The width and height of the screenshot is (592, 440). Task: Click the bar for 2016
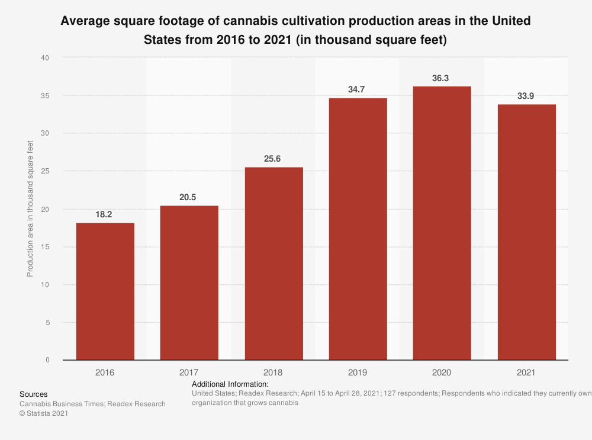point(105,291)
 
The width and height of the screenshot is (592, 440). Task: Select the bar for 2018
point(274,264)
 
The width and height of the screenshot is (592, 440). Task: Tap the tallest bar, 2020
point(442,223)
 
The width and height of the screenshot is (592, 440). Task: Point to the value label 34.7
point(358,89)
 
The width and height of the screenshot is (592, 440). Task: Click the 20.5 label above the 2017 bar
point(189,197)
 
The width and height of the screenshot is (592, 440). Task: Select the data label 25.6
point(274,159)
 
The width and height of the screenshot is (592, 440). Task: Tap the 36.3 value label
point(442,78)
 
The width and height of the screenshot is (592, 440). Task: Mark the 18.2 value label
point(105,214)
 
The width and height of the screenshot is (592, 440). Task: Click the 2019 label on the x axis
point(358,373)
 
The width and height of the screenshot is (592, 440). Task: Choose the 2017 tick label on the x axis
point(189,373)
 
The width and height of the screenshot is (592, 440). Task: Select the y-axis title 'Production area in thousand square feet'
point(30,209)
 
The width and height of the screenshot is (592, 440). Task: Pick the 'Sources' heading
point(33,394)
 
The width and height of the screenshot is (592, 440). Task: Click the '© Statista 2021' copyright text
point(44,414)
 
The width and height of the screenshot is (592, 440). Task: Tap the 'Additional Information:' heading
point(230,384)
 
